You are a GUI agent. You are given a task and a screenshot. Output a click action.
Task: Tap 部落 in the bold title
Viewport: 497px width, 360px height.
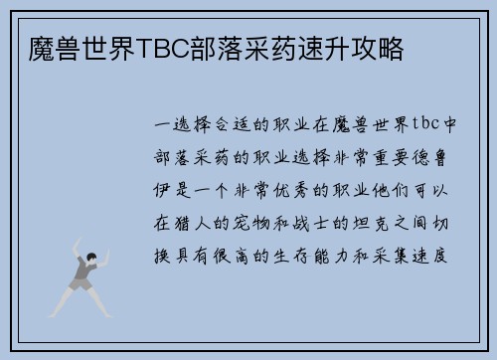coord(230,48)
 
